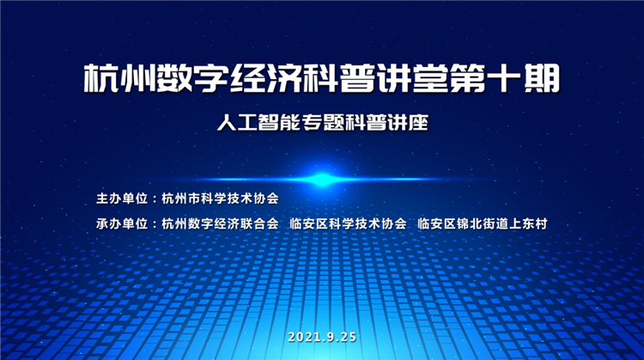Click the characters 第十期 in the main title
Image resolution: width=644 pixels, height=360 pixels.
click(505, 78)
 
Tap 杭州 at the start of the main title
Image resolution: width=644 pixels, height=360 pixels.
click(119, 78)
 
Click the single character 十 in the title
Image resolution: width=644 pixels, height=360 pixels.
click(505, 78)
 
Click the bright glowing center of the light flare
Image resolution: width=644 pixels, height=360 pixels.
click(322, 179)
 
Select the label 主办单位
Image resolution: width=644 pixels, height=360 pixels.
click(122, 198)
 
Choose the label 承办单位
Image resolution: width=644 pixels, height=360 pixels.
click(122, 223)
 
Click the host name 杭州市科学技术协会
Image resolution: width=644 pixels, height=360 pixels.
click(220, 198)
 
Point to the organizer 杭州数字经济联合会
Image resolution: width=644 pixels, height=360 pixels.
click(220, 223)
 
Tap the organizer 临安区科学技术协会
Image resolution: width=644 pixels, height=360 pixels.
click(348, 223)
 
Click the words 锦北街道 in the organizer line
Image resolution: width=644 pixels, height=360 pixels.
click(483, 223)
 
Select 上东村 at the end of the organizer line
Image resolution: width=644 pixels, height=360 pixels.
click(528, 223)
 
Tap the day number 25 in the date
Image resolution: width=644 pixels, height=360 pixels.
click(349, 337)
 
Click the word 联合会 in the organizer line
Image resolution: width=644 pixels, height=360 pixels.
click(259, 223)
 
